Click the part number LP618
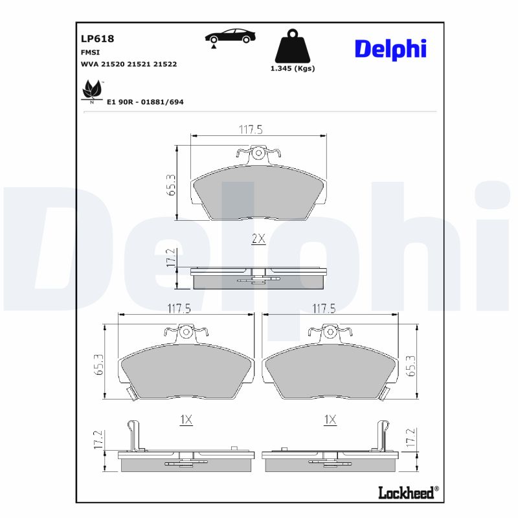[97, 39]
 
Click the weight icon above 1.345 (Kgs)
[292, 46]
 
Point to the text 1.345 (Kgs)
[292, 69]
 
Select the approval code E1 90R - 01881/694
[145, 102]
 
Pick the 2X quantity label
[258, 239]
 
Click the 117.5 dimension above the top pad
[251, 129]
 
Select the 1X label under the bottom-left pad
[186, 420]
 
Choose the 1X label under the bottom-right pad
[330, 420]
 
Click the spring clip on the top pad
[258, 153]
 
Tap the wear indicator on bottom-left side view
[133, 435]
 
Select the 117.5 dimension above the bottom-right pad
[323, 309]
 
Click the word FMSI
[89, 52]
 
